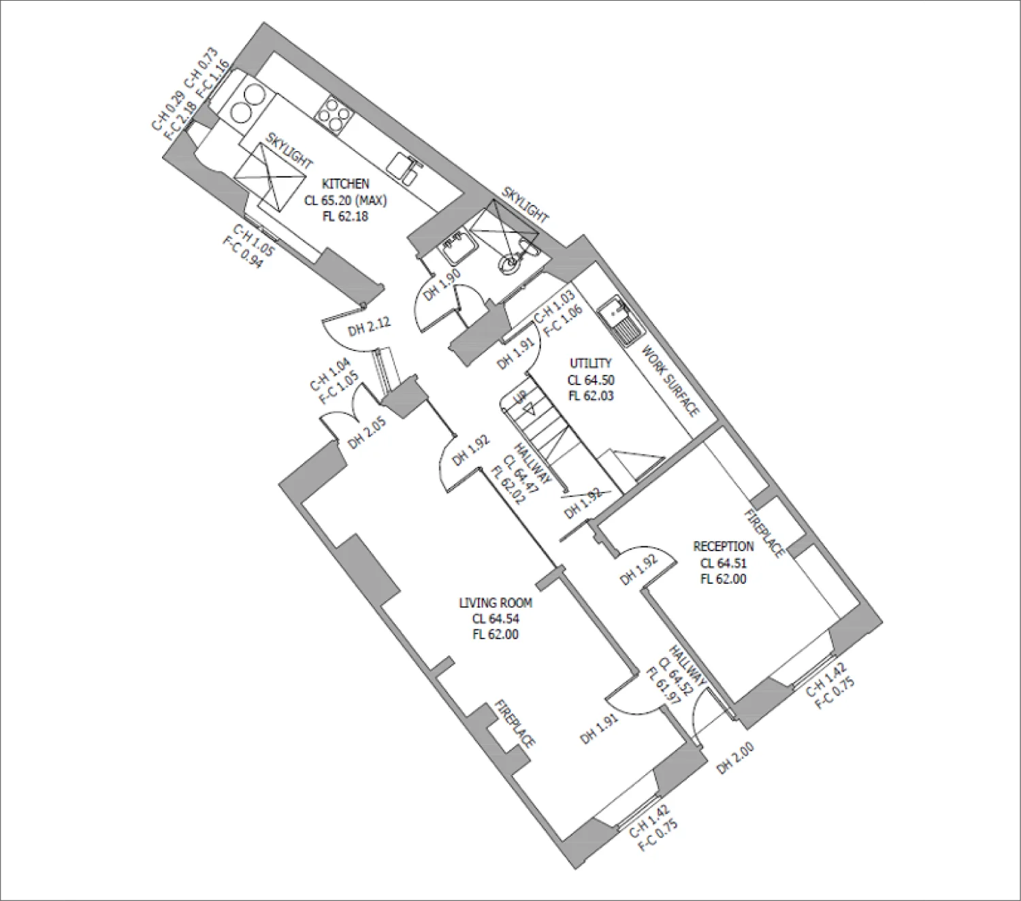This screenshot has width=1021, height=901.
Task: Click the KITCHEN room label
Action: [x=345, y=184]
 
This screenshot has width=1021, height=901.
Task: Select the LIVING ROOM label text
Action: [x=496, y=603]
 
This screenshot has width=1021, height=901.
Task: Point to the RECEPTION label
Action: [x=723, y=546]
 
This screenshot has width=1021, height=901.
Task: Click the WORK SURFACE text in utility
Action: [x=670, y=381]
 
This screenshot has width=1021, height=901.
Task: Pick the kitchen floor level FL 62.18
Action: [x=345, y=216]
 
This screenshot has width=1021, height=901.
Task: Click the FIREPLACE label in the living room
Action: [x=515, y=723]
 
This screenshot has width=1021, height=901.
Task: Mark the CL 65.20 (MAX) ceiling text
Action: [x=345, y=201]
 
